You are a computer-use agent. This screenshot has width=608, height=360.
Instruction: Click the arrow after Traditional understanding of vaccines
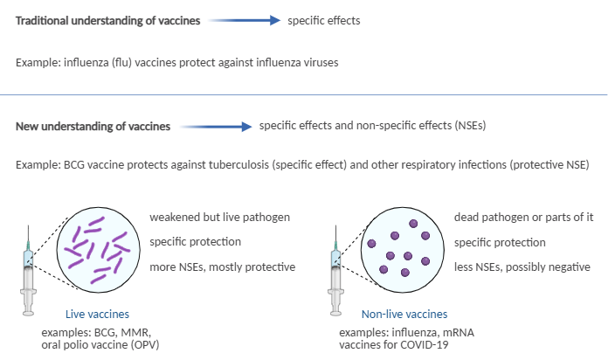coord(245,20)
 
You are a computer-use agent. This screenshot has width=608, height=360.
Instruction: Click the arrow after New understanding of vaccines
coord(216,127)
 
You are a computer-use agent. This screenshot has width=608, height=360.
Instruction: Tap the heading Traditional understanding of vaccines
coord(107,21)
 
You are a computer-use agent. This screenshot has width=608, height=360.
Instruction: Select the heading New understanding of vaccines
coord(93,127)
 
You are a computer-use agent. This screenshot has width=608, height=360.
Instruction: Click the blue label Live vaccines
coord(97,314)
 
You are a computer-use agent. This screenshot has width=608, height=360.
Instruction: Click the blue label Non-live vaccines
coord(404,314)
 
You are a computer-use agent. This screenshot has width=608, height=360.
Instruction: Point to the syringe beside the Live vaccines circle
coord(28,270)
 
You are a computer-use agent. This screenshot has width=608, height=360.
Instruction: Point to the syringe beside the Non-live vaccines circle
coord(335,270)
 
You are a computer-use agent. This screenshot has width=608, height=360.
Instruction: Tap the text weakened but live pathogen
coord(220,218)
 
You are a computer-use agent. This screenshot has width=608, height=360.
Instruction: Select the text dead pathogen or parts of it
coord(524,218)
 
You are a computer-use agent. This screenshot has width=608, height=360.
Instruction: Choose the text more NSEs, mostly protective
coord(223,267)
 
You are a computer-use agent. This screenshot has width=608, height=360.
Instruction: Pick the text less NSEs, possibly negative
coord(522,267)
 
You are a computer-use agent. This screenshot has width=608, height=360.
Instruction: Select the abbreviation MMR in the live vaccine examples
coord(135,333)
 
